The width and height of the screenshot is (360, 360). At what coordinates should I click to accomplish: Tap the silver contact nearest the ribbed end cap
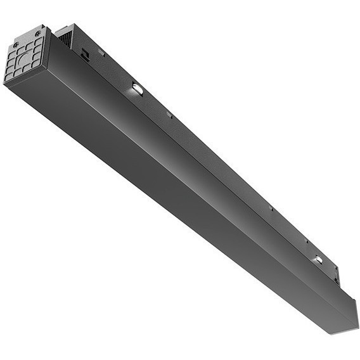tap(137, 89)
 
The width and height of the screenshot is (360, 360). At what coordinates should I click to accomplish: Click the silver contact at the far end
tap(317, 259)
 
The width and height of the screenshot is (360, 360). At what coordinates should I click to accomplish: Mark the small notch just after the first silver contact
tap(169, 114)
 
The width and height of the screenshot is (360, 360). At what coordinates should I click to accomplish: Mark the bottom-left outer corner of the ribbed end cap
tap(6, 82)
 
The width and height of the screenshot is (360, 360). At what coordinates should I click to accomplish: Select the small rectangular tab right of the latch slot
tap(101, 53)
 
